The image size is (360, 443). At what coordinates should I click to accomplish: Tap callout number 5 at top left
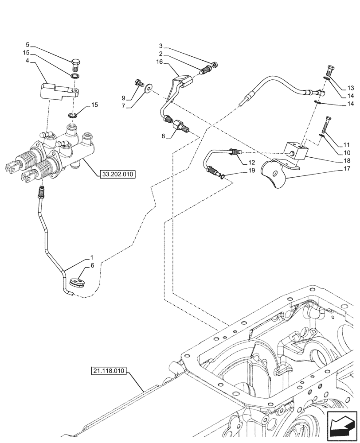(x=27, y=45)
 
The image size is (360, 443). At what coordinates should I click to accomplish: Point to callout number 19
(x=252, y=170)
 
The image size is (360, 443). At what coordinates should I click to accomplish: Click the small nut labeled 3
(x=215, y=65)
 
